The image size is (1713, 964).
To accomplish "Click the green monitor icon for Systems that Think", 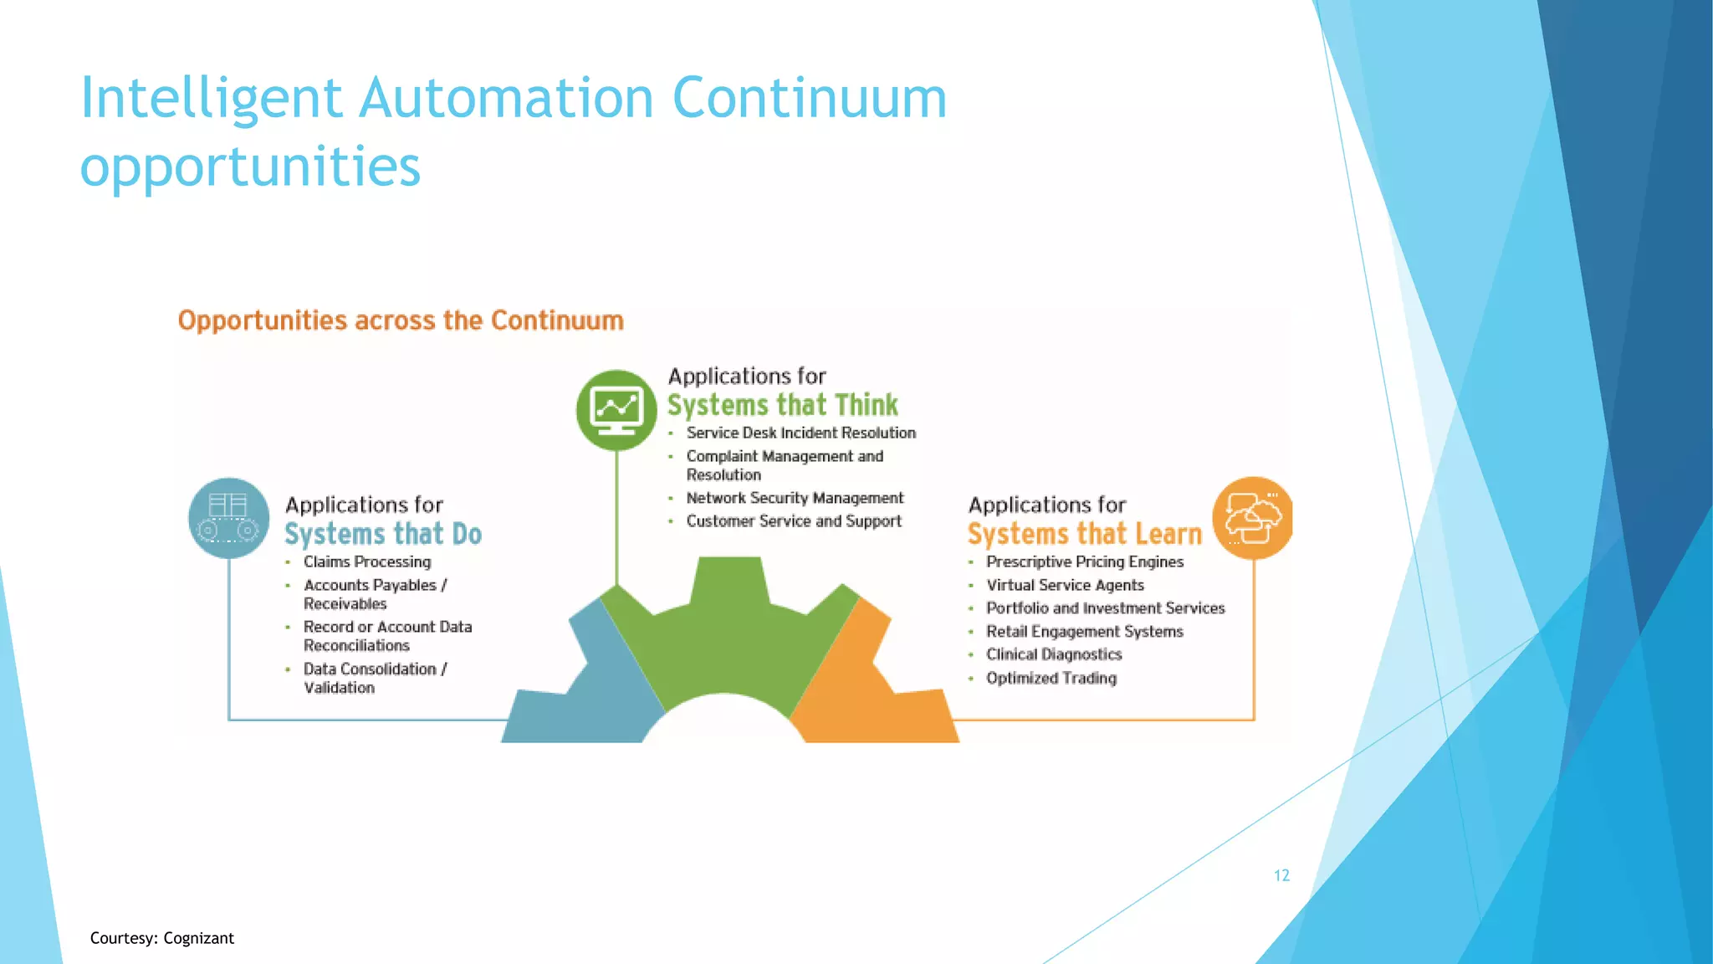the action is pyautogui.click(x=616, y=409).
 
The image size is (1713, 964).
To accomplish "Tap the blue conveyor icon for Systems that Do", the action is pyautogui.click(x=228, y=518).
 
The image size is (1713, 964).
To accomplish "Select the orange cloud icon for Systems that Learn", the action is pyautogui.click(x=1252, y=518).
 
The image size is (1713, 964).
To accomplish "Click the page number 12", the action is pyautogui.click(x=1281, y=875).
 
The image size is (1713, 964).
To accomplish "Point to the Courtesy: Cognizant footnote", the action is pyautogui.click(x=161, y=938).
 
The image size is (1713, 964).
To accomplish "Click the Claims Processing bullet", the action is pyautogui.click(x=367, y=561).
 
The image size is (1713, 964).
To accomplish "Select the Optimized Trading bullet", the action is pyautogui.click(x=1051, y=678).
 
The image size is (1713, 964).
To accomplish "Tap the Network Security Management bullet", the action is pyautogui.click(x=795, y=498).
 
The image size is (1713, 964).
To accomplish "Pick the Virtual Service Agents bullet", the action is pyautogui.click(x=1065, y=585).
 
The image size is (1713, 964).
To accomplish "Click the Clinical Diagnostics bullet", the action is pyautogui.click(x=1054, y=654).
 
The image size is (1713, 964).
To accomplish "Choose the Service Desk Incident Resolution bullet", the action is pyautogui.click(x=800, y=433).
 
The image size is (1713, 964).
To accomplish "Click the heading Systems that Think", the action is pyautogui.click(x=782, y=405).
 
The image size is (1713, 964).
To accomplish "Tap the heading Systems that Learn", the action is pyautogui.click(x=1084, y=534).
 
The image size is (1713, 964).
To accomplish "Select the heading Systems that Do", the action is pyautogui.click(x=383, y=534).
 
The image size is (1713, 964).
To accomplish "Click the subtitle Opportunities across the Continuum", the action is pyautogui.click(x=401, y=320).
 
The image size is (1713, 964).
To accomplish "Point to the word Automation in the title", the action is pyautogui.click(x=506, y=98).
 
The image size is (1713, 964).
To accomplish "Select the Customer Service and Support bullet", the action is pyautogui.click(x=794, y=521).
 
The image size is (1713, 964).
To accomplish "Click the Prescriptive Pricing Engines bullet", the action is pyautogui.click(x=1085, y=561).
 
